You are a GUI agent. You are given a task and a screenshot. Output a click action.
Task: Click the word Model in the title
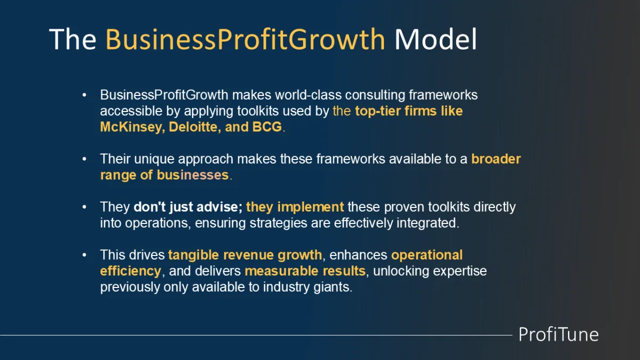pos(436,39)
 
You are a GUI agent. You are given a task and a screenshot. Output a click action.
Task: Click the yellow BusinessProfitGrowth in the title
pos(245,39)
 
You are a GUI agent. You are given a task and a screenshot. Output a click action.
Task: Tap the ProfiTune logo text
pos(558,334)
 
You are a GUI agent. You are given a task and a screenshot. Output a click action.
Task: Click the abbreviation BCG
pos(267,127)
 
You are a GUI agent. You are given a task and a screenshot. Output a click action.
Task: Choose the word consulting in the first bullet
pos(375,95)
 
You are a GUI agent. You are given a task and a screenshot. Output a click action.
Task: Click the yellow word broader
pos(496,159)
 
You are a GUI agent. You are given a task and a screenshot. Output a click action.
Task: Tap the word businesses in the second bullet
pos(193,175)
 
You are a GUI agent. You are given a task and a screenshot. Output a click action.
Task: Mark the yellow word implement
pos(310,207)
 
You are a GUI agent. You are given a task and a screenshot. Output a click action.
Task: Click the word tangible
pos(194,255)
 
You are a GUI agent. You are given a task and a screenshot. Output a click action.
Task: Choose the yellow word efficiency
pos(131,271)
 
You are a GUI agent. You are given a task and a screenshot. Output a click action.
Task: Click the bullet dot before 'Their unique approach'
pos(84,159)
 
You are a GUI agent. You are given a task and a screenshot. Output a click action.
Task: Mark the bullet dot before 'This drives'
pos(84,255)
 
